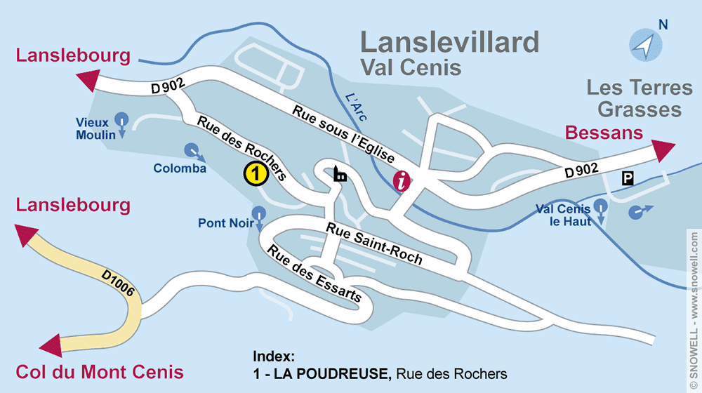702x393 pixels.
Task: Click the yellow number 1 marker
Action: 256,173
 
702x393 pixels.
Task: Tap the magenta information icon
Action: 402,180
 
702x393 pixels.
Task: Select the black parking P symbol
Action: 627,179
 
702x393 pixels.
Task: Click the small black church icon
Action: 340,174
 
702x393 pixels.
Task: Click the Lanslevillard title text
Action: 449,42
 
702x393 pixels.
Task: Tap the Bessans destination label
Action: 604,133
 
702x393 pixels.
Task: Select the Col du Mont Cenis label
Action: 100,372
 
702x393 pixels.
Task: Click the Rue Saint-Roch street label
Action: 374,244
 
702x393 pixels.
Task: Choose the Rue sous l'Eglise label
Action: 344,134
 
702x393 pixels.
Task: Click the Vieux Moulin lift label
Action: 96,128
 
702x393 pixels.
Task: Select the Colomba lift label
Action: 180,168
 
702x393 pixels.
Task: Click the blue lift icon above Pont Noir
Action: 260,212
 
